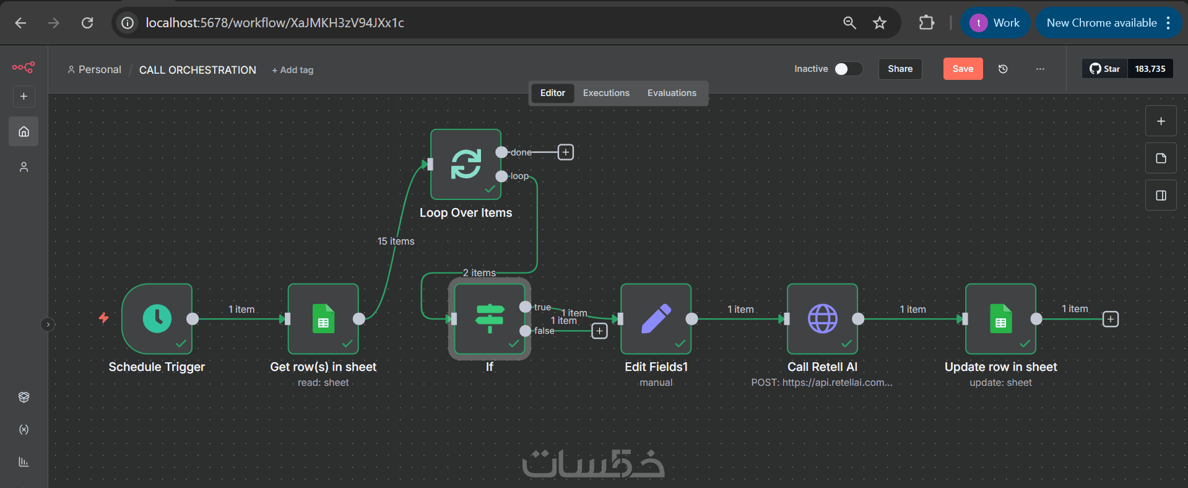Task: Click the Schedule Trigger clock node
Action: [x=157, y=319]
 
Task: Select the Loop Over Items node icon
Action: [x=466, y=164]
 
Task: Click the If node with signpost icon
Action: [x=490, y=319]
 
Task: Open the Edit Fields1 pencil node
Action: [x=656, y=319]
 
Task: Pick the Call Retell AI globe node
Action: [x=822, y=319]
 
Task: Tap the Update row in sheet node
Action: [x=1000, y=319]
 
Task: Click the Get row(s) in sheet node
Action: [x=323, y=319]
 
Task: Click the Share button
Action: [x=900, y=69]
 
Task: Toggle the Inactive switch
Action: [x=848, y=69]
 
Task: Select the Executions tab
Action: [x=606, y=93]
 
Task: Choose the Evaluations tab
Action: [x=672, y=93]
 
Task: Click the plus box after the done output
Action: [x=566, y=152]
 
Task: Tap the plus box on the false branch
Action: [x=599, y=331]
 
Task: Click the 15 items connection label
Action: [x=396, y=241]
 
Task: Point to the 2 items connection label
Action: [x=479, y=272]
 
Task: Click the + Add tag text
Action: [x=293, y=70]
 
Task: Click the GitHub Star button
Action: [x=1105, y=69]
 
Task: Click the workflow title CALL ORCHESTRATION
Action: [x=197, y=70]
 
